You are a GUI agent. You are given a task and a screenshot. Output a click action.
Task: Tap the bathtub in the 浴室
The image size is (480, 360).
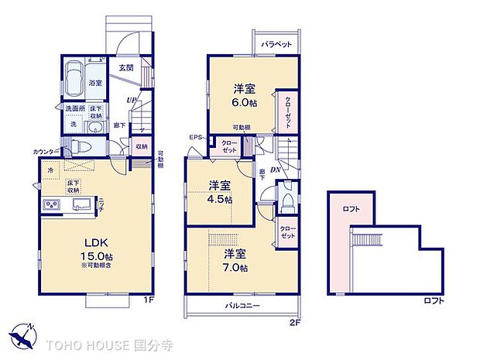point(74,80)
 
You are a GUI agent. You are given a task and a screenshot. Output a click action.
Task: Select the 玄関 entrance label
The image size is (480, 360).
point(126,67)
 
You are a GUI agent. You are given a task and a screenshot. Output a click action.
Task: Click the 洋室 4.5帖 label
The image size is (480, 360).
point(219,190)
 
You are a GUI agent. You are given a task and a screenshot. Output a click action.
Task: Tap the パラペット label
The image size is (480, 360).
point(276,45)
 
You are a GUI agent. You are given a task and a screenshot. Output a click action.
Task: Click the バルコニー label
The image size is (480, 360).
point(242,306)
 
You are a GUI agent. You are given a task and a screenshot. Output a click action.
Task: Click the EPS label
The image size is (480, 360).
point(194,137)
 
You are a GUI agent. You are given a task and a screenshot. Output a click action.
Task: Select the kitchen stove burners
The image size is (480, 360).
point(53,204)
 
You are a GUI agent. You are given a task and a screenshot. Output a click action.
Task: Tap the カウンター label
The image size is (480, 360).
point(44,151)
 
